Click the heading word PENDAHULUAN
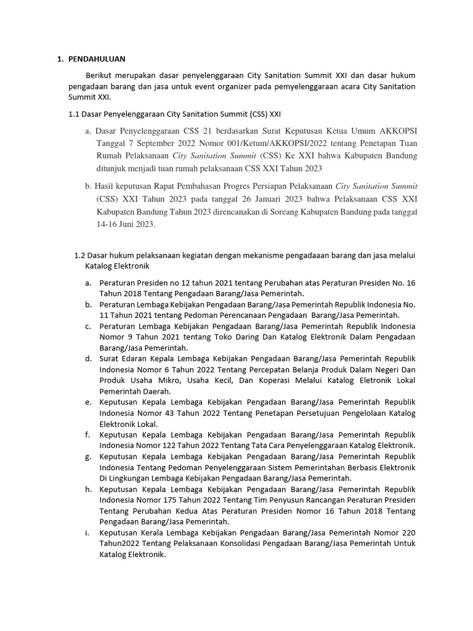point(96,59)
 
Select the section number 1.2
point(79,255)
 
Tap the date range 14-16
point(107,225)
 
